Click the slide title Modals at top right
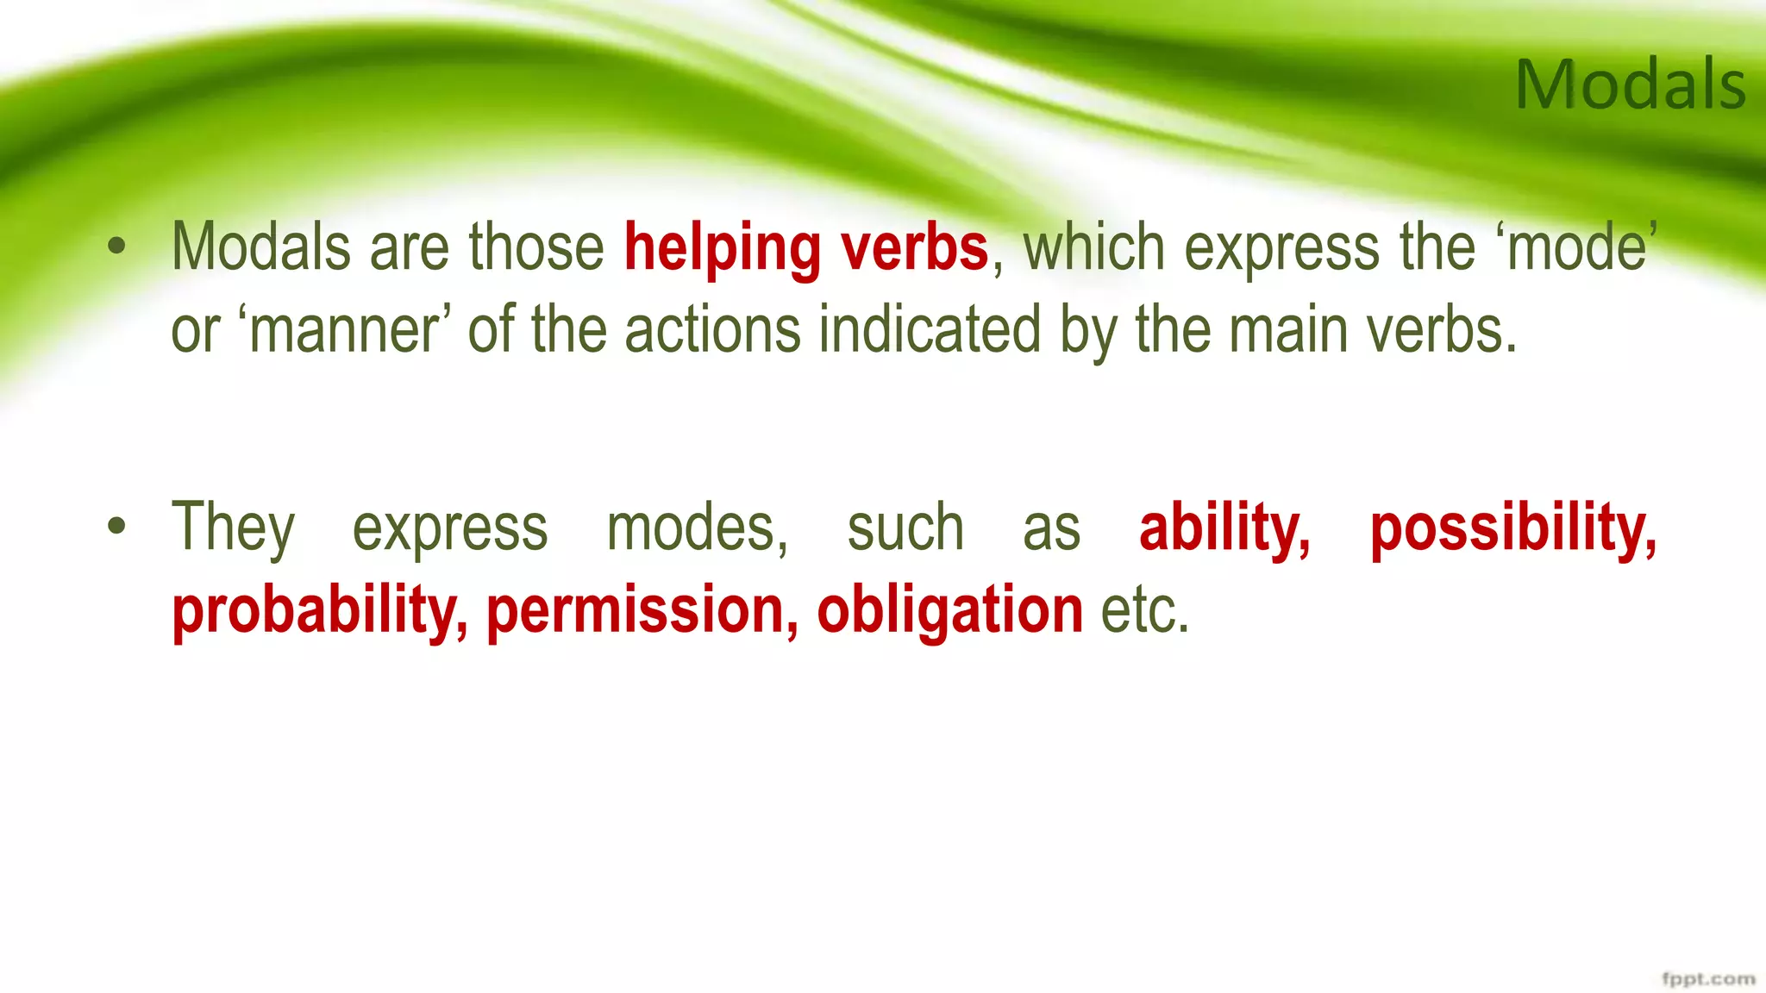point(1630,84)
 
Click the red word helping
point(722,248)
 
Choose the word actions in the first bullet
point(712,331)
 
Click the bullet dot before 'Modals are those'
point(116,248)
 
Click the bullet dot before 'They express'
point(116,526)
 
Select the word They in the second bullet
point(233,528)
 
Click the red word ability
point(1224,528)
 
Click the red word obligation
point(949,610)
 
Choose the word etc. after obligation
point(1145,610)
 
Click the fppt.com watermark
point(1707,979)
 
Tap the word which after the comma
point(1093,248)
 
